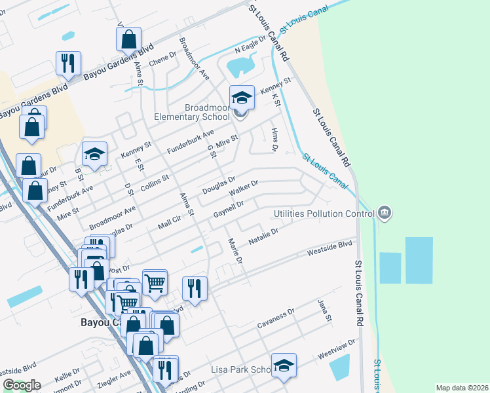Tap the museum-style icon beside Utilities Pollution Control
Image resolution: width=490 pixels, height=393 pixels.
point(385,212)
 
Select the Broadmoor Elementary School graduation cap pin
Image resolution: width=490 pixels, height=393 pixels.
point(242,98)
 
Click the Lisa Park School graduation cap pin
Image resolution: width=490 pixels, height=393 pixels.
point(284,365)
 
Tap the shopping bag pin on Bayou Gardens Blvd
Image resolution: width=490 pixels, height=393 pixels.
point(129,40)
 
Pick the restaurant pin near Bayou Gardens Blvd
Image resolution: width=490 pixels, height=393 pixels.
point(68,64)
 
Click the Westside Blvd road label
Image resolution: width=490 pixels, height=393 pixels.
point(330,248)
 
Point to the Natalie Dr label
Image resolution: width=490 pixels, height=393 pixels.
point(263,237)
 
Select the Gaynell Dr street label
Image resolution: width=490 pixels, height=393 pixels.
point(229,210)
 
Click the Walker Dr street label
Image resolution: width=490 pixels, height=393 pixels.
point(244,189)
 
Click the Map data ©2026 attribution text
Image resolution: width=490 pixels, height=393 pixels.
point(461,388)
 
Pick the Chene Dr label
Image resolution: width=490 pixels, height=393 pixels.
point(163,60)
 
